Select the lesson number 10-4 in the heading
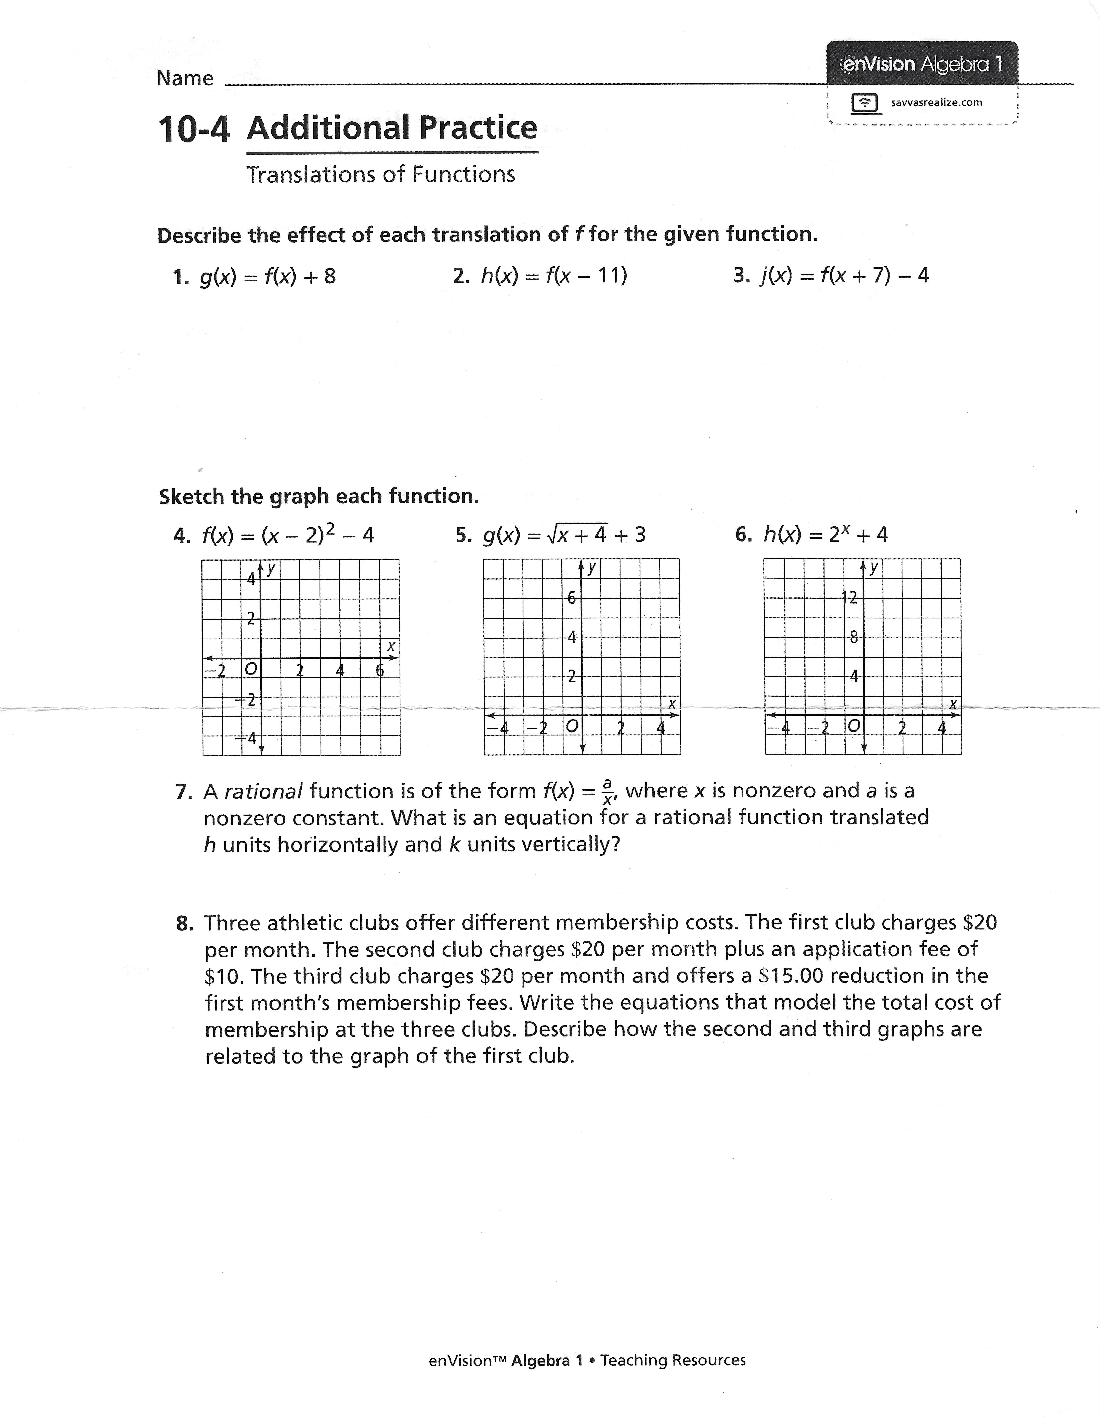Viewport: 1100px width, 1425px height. tap(194, 129)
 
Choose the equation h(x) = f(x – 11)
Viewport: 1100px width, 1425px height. tap(553, 276)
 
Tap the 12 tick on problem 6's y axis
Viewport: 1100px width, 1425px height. tap(849, 597)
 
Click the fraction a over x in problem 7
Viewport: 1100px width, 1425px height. tap(608, 791)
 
